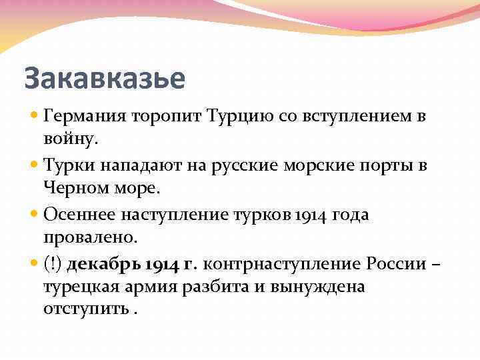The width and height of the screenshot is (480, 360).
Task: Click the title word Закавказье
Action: tap(105, 79)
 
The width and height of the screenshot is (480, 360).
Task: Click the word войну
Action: tap(70, 140)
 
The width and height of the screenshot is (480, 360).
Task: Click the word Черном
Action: tap(72, 189)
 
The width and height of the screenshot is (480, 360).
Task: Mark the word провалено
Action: tap(83, 237)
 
